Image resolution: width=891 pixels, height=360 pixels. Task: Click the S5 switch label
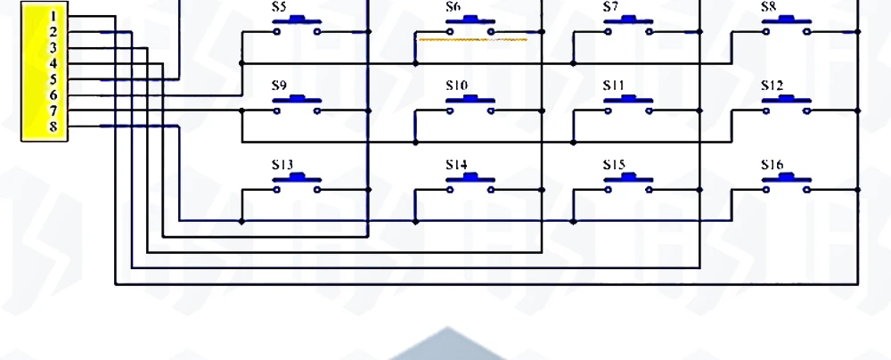279,7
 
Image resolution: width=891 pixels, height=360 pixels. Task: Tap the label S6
454,7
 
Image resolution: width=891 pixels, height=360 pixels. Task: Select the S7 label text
610,7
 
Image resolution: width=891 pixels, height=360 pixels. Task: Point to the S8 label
768,7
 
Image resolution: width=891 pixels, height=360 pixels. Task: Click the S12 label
772,86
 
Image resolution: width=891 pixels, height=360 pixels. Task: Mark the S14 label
456,165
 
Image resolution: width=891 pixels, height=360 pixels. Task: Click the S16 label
772,165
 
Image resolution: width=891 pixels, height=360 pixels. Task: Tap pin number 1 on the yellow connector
53,16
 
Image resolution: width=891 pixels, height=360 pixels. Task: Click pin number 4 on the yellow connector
53,63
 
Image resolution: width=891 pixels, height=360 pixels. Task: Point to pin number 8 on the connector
53,127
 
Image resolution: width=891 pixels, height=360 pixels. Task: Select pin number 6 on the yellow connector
53,94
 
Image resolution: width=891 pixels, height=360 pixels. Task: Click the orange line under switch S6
472,39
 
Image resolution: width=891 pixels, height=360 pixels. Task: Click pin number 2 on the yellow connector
53,32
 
